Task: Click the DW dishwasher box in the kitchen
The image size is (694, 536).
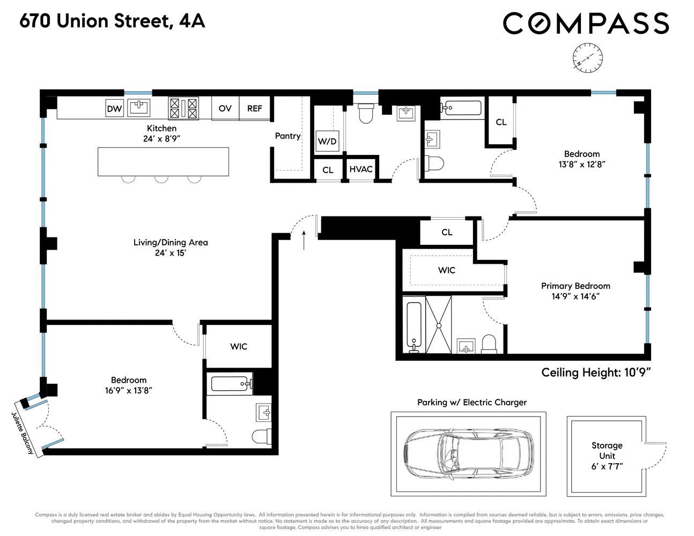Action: (x=114, y=109)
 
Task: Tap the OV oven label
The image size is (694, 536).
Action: (x=225, y=108)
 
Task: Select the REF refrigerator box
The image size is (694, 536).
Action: (x=254, y=108)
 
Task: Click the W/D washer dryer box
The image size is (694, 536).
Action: (x=327, y=142)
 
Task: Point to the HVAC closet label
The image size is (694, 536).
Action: (x=361, y=169)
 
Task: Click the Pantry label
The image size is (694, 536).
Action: (x=287, y=136)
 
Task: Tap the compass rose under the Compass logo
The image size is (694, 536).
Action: (x=587, y=57)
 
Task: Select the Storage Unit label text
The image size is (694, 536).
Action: (x=607, y=451)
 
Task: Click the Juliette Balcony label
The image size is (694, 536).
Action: (x=23, y=433)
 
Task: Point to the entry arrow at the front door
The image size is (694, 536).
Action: (x=304, y=240)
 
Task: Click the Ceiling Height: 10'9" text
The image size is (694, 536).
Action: (x=596, y=373)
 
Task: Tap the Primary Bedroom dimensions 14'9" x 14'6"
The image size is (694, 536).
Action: (x=575, y=296)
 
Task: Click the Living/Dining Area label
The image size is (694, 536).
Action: (x=171, y=242)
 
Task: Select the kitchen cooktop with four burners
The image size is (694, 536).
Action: (x=183, y=108)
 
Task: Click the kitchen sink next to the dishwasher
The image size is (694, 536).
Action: (x=139, y=107)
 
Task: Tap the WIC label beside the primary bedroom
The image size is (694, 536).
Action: (x=446, y=270)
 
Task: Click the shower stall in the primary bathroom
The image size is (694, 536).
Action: (x=438, y=325)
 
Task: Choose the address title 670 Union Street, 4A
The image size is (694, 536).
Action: (x=113, y=21)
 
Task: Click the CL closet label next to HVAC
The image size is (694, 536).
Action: (x=328, y=170)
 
